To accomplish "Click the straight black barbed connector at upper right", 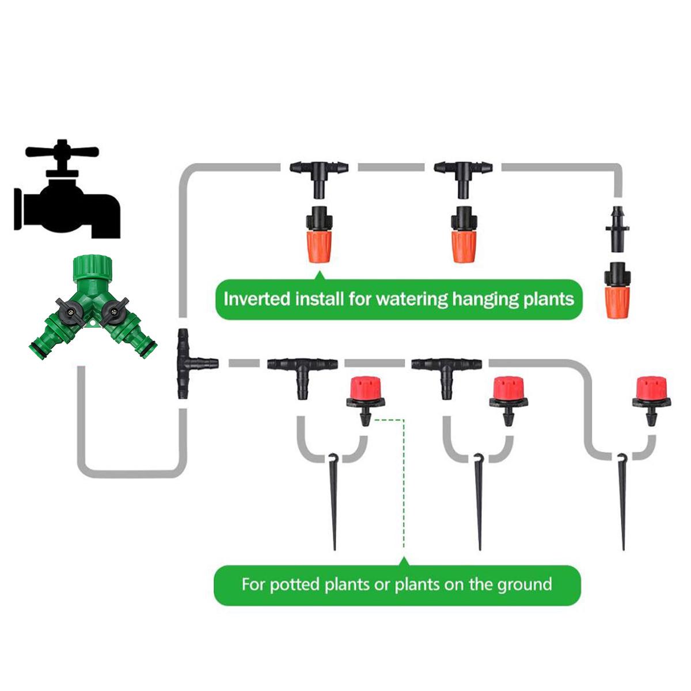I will pos(617,229).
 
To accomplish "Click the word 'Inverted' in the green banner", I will pos(257,299).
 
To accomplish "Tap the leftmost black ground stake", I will pos(333,501).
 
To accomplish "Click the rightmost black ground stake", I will pos(622,501).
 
